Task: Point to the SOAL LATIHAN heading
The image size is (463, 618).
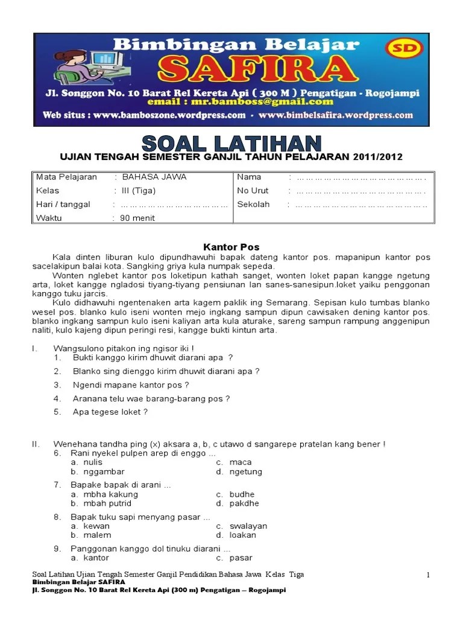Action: click(231, 144)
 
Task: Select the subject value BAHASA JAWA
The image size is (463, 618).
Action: click(154, 177)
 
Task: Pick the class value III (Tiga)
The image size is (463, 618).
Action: click(139, 191)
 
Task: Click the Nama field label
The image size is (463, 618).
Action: click(249, 177)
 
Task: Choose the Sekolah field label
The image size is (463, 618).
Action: click(253, 204)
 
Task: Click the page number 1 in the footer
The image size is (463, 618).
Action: click(428, 575)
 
